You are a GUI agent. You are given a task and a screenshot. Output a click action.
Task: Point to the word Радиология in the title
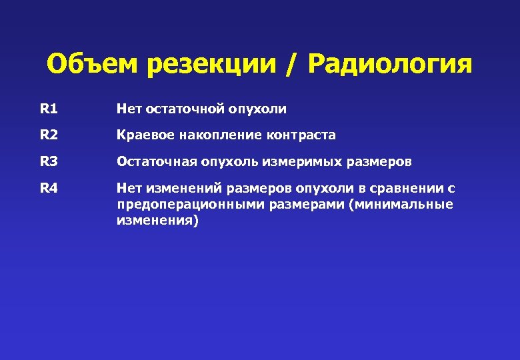click(390, 65)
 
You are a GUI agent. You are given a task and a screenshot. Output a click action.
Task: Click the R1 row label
click(49, 108)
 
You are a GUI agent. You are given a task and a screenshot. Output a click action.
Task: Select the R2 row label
click(49, 135)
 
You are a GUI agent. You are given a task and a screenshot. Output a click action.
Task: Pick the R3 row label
click(49, 161)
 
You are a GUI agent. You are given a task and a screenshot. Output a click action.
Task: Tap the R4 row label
click(49, 188)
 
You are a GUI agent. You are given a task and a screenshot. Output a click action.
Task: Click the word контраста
click(301, 135)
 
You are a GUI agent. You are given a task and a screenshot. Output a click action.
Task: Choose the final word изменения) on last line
click(157, 221)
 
